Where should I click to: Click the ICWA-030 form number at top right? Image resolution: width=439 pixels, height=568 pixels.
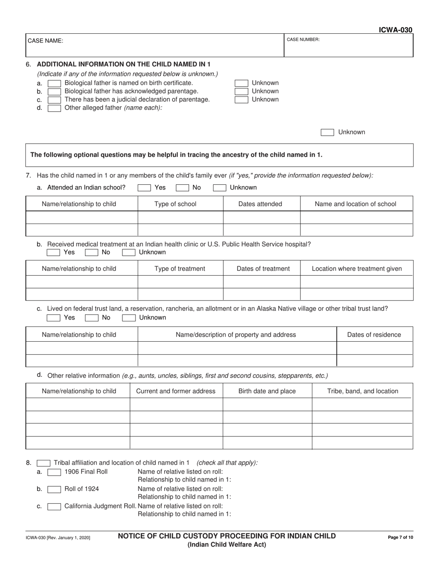coord(396,30)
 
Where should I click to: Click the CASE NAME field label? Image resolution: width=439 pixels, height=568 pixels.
coord(46,41)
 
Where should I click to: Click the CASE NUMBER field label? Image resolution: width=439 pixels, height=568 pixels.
coord(303,40)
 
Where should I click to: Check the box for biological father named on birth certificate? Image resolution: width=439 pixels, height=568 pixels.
coord(54,83)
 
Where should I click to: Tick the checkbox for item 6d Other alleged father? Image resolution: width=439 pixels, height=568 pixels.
coord(54,108)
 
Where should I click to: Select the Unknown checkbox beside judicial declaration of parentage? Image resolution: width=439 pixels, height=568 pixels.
coord(241,100)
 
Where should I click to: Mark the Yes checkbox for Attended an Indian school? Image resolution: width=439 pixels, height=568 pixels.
coord(144,187)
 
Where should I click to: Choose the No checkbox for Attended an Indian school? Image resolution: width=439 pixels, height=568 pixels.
coord(182,187)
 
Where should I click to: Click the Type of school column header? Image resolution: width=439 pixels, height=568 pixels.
coord(175,204)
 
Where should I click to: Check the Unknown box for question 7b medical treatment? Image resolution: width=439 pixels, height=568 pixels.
coord(128,253)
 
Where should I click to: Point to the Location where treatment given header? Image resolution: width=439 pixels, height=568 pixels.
coord(357,269)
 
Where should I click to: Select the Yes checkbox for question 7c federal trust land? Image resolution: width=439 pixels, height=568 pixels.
coord(54,318)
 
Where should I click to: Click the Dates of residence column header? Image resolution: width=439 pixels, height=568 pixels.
coord(374,335)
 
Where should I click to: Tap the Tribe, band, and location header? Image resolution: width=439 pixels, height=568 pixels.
coord(362,391)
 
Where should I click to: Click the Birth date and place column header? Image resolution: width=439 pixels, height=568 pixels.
coord(267,391)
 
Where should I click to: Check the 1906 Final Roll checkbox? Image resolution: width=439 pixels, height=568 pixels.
coord(54,472)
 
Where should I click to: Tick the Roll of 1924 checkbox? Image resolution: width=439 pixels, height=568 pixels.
coord(54,489)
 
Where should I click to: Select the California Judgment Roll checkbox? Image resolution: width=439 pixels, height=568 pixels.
coord(54,506)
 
